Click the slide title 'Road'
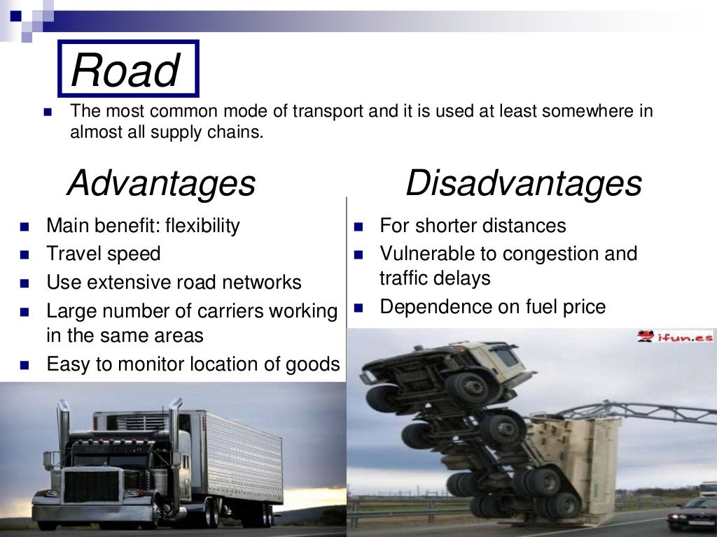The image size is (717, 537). pyautogui.click(x=125, y=71)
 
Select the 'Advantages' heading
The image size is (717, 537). pyautogui.click(x=161, y=183)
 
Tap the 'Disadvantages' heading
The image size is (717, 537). pyautogui.click(x=523, y=183)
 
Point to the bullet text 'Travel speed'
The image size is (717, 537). pyautogui.click(x=104, y=254)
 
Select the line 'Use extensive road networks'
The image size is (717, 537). pyautogui.click(x=174, y=282)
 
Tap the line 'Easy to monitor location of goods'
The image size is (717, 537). pyautogui.click(x=193, y=364)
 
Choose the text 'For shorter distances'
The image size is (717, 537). pyautogui.click(x=473, y=226)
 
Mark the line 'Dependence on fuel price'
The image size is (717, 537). pyautogui.click(x=492, y=307)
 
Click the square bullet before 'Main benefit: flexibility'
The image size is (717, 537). pyautogui.click(x=25, y=227)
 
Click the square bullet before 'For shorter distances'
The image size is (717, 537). pyautogui.click(x=359, y=227)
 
